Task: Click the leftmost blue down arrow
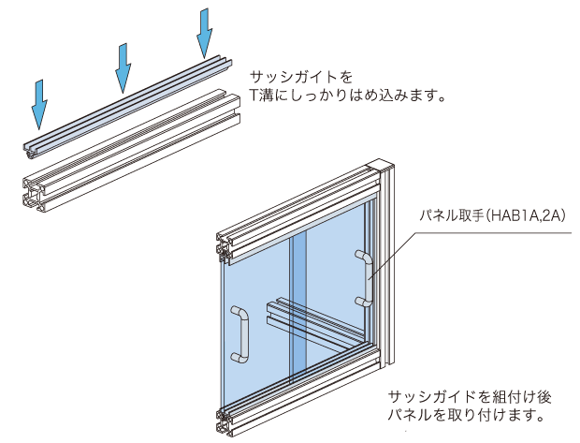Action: point(37,103)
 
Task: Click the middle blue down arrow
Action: point(123,67)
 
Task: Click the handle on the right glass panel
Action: point(364,277)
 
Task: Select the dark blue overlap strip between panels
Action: point(298,309)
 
